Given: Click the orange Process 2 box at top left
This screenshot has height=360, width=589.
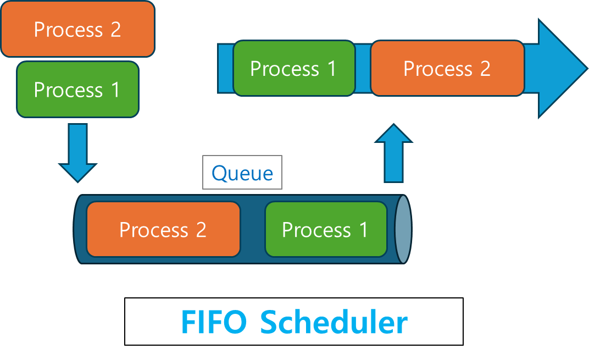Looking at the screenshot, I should (x=77, y=29).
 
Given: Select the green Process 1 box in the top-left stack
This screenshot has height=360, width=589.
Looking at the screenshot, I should (x=77, y=90).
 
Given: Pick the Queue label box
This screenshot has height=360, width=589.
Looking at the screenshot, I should (x=242, y=173).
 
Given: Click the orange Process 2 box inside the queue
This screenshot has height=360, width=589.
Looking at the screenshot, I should (x=163, y=229).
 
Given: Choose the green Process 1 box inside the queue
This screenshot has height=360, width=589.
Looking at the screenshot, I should (x=326, y=229).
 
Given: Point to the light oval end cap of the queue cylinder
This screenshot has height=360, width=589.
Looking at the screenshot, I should (x=403, y=229).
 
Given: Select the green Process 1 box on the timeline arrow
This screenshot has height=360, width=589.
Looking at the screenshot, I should (x=294, y=69).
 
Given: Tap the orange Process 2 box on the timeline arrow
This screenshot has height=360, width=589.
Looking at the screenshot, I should (x=447, y=69).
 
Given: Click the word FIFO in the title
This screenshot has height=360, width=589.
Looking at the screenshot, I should (x=214, y=323).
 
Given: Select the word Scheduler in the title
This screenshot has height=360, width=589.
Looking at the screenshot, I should (x=334, y=323).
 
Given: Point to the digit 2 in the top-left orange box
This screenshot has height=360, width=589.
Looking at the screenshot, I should (x=115, y=30).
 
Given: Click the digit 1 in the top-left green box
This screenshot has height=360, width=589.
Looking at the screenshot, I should (x=115, y=90).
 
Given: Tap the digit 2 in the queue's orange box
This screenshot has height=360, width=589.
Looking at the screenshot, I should (x=201, y=230).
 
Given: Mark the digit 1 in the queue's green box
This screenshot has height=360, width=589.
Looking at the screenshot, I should (x=363, y=230).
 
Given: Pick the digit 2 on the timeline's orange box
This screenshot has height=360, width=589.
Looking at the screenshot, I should (x=485, y=69).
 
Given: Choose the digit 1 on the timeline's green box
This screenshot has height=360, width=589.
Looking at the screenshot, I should (x=331, y=69).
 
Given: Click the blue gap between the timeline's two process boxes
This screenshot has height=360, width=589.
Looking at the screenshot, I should (x=363, y=69).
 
